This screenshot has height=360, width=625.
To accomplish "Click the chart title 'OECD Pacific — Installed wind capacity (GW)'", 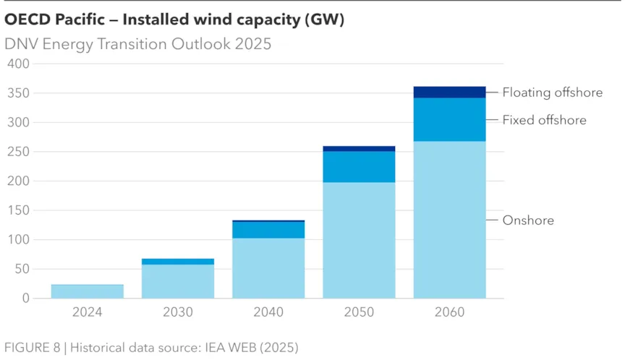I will [x=174, y=20].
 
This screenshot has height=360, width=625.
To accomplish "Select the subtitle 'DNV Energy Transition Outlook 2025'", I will [x=138, y=44].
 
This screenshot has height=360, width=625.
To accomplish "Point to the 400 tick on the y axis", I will [x=18, y=64].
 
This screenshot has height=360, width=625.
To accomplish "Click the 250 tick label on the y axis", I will [x=18, y=152].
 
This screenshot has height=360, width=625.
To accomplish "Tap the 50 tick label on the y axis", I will [x=22, y=269].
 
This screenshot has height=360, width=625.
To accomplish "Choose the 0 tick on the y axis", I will [x=25, y=298].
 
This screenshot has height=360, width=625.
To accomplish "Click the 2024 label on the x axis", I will [x=87, y=312].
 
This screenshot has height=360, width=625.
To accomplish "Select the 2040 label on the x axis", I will [x=268, y=312].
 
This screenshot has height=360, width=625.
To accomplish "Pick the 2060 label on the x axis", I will [x=449, y=312].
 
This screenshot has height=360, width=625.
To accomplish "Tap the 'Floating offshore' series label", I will [x=552, y=93].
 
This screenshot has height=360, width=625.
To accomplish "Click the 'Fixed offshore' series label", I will [x=544, y=120].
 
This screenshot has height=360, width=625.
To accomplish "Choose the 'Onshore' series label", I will [x=528, y=220].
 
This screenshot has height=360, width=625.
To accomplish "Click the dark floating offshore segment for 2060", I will [x=449, y=92].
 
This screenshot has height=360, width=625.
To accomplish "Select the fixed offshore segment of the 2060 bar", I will [x=449, y=119].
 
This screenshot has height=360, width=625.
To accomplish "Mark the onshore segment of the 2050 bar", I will [x=359, y=240].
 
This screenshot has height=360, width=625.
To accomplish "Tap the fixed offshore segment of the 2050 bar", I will [x=359, y=166].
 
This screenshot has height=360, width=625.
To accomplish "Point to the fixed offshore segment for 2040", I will [x=268, y=230].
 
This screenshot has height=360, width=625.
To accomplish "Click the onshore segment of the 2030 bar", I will [x=178, y=281].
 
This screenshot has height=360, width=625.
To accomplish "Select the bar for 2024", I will [x=87, y=291].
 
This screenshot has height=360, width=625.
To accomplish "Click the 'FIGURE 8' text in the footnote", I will [x=32, y=347].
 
